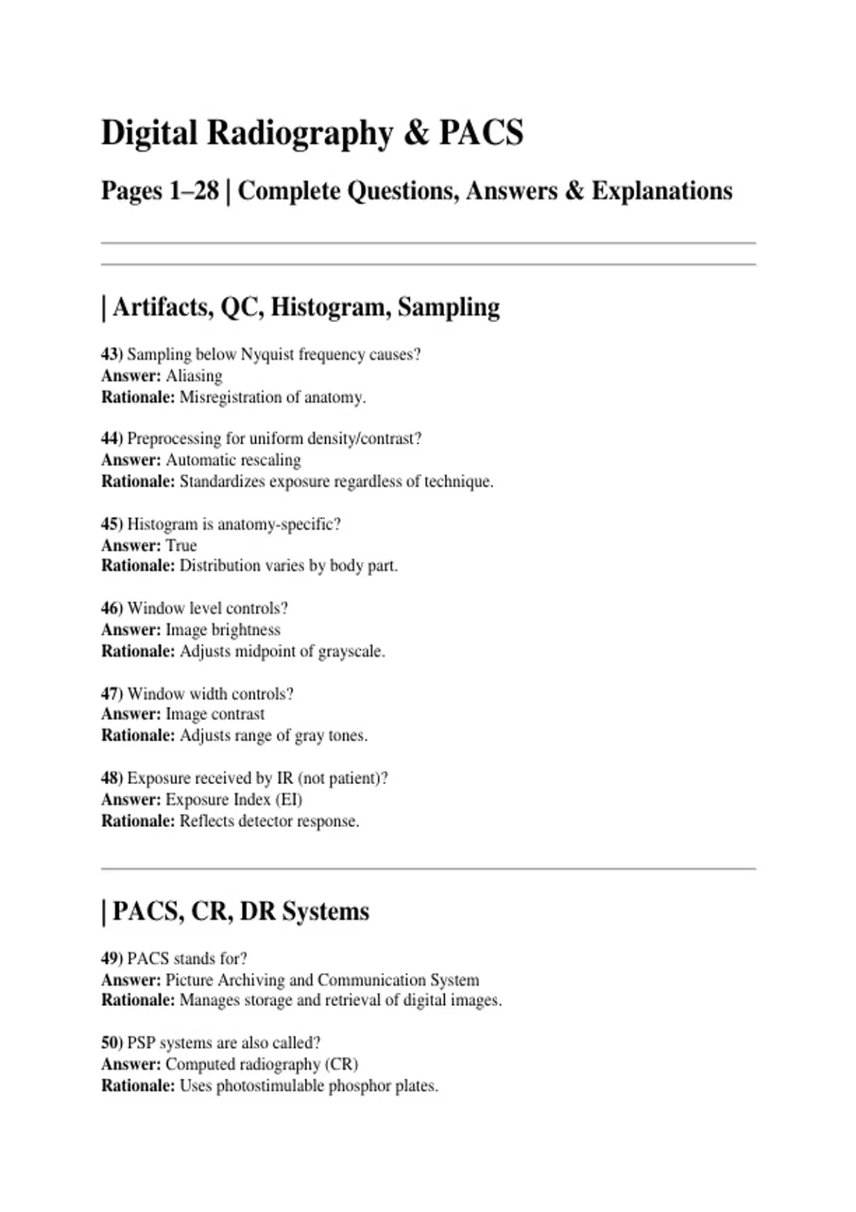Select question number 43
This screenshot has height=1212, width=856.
(x=111, y=354)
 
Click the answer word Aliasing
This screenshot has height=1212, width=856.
(x=194, y=376)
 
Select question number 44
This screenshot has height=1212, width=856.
(x=111, y=438)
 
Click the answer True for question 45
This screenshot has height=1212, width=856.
(x=181, y=545)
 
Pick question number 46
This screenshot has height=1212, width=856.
(x=111, y=608)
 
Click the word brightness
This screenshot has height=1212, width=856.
(x=246, y=630)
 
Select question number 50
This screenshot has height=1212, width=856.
(x=111, y=1042)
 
